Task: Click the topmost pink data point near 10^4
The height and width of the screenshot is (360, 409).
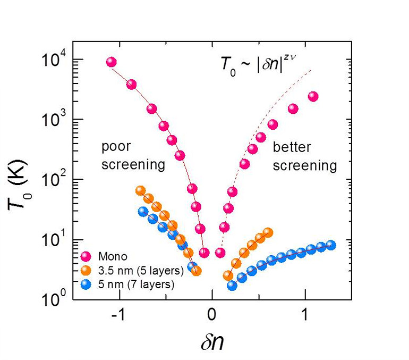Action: tap(112, 62)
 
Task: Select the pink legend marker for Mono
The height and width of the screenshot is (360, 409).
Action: tap(86, 257)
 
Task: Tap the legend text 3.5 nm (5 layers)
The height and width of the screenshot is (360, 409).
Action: tap(141, 271)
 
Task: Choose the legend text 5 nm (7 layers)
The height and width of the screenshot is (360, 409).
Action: tap(136, 284)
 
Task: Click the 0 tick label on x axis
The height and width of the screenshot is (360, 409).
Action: tap(212, 315)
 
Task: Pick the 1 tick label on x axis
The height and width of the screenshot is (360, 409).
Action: tap(305, 315)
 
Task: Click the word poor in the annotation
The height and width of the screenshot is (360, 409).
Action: tap(116, 147)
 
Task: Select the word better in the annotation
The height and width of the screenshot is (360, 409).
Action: tap(292, 147)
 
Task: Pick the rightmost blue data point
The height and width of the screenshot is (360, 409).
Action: tap(331, 245)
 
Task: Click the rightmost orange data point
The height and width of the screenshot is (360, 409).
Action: tap(268, 232)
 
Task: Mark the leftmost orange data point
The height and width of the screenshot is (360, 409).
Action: tap(140, 191)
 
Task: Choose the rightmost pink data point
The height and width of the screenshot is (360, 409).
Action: tap(313, 97)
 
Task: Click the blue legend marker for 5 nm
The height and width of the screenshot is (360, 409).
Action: tap(86, 284)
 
